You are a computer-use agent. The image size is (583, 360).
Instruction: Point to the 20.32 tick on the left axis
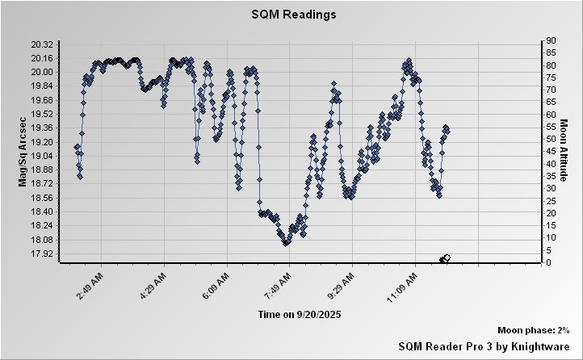(x=42, y=44)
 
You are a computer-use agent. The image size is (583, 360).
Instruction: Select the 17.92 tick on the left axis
(x=42, y=254)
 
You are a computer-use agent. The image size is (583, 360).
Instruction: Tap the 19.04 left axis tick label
(x=42, y=156)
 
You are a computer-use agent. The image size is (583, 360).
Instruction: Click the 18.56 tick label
(x=42, y=198)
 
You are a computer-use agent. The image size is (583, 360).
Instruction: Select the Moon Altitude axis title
(x=563, y=150)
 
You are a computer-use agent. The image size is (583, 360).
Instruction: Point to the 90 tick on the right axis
(x=551, y=40)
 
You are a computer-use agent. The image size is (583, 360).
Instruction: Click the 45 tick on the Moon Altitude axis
(x=551, y=151)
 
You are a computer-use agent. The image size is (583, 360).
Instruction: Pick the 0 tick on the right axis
(x=548, y=262)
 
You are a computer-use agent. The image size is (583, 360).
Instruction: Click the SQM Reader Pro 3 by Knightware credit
(x=484, y=345)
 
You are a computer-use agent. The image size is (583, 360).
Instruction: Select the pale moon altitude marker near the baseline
(x=447, y=257)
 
